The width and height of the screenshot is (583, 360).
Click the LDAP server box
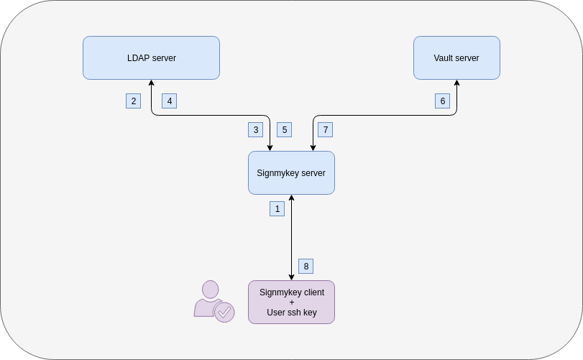(151, 57)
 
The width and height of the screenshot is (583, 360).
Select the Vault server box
(456, 57)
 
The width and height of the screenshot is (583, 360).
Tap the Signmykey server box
(291, 172)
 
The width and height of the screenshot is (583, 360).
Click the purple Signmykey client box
(291, 302)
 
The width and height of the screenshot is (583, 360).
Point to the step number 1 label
(277, 208)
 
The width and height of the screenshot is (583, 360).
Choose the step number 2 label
(133, 101)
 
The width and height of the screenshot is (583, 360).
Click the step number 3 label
(255, 129)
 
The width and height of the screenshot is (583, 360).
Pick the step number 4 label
(170, 101)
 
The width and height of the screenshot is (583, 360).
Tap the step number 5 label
(285, 129)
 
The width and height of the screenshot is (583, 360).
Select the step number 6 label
(443, 101)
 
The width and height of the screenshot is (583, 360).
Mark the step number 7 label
(326, 129)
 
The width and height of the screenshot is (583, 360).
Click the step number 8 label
(306, 266)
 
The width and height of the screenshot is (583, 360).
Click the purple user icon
(211, 298)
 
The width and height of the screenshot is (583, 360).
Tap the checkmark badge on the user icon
(224, 312)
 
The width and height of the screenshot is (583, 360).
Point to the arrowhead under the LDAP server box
(151, 83)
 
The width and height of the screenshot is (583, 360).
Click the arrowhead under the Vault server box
(456, 83)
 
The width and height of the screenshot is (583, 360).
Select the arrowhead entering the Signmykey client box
(291, 277)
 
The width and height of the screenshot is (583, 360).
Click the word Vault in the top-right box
(444, 58)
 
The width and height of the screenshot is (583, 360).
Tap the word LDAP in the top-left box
(138, 58)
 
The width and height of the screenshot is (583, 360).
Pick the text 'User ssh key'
(291, 313)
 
